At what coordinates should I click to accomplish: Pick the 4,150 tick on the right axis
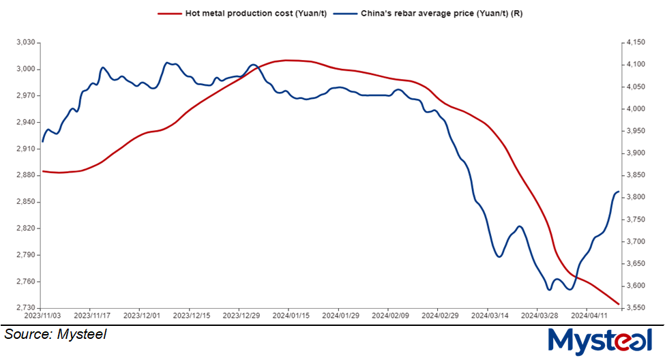point(632,42)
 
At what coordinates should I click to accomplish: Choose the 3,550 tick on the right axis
point(632,308)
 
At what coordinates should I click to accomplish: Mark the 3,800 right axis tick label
point(632,197)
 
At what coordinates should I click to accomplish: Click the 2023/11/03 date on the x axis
point(42,316)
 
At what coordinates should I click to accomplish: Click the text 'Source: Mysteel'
point(55,335)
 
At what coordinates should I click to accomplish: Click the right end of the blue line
point(618,192)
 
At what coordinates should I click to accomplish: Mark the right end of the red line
point(618,304)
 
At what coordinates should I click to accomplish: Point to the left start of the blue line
point(43,142)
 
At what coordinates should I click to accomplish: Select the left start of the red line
point(43,171)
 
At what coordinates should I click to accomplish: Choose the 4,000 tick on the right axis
point(632,108)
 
